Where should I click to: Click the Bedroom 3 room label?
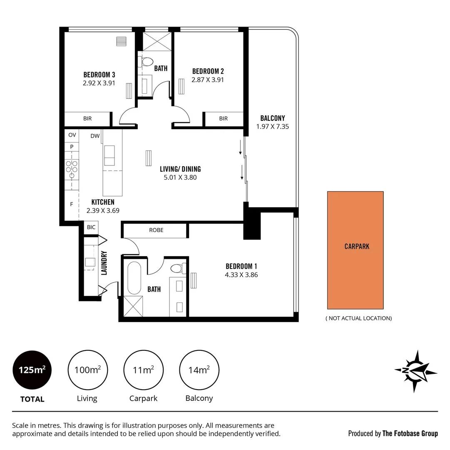click(x=99, y=75)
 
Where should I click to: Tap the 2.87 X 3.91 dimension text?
click(x=207, y=80)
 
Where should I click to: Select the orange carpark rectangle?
click(x=355, y=250)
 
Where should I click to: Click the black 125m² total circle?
click(x=32, y=370)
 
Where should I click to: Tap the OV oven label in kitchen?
click(x=72, y=135)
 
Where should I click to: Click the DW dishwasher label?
click(x=95, y=136)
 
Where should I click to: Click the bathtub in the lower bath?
click(x=134, y=278)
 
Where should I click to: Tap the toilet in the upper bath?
click(x=147, y=62)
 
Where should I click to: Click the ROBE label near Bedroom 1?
click(x=156, y=230)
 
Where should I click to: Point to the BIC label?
click(x=91, y=227)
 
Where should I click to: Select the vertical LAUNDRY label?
click(x=104, y=262)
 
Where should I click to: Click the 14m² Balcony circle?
click(x=199, y=370)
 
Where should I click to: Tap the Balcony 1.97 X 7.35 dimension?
click(x=273, y=126)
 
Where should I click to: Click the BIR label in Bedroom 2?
click(x=224, y=119)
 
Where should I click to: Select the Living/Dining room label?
click(x=180, y=169)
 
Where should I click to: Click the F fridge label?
click(x=72, y=204)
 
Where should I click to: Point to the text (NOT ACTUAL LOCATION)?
click(x=358, y=318)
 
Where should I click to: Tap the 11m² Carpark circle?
click(x=143, y=370)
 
